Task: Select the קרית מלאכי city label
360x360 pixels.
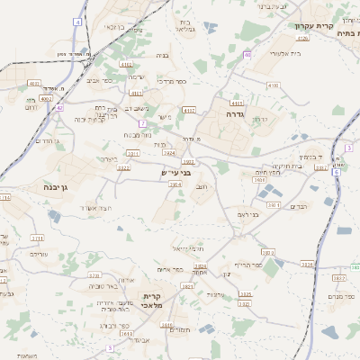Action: (x=152, y=301)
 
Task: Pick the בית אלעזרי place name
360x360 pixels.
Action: (x=270, y=54)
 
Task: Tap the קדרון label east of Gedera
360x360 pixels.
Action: (x=261, y=119)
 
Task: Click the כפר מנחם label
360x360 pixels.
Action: (x=341, y=296)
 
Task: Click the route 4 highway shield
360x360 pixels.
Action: (x=79, y=21)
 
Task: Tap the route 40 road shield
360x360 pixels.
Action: (x=247, y=55)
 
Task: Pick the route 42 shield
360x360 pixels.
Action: (x=59, y=107)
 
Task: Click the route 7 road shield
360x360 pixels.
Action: (x=142, y=122)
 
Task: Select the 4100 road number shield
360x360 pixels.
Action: (x=273, y=85)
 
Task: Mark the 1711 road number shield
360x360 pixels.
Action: (x=37, y=238)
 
